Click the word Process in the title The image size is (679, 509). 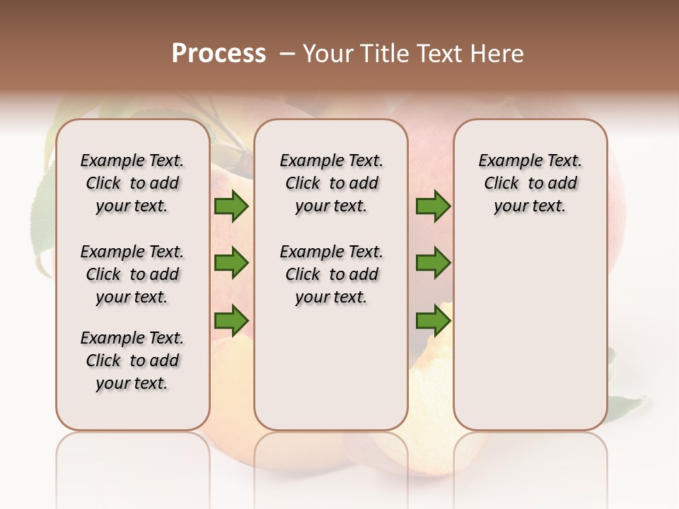click(219, 54)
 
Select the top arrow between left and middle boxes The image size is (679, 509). click(231, 206)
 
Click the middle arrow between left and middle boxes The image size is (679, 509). click(231, 263)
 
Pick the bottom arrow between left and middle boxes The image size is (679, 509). click(231, 320)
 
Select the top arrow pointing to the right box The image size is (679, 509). click(433, 206)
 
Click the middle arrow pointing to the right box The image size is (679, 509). click(433, 263)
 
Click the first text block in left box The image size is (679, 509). click(132, 183)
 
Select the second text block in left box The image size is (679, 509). click(132, 274)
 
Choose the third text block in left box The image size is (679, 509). click(132, 361)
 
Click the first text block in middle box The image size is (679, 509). click(331, 183)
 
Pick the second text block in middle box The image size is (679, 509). click(331, 274)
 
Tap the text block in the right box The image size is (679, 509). click(530, 183)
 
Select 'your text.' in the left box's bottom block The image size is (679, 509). click(132, 383)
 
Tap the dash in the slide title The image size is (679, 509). click(286, 54)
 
